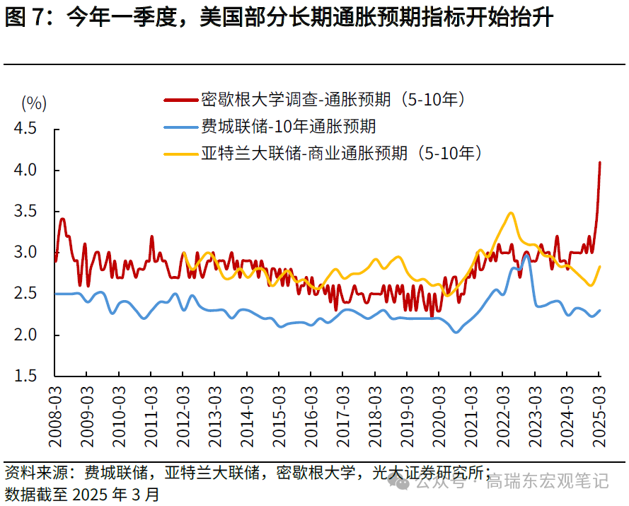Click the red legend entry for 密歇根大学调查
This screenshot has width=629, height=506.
coord(333,100)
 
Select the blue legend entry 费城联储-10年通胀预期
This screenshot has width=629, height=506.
coord(288,127)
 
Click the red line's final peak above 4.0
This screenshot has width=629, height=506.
coord(600,162)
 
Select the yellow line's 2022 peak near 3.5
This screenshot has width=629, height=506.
coord(510,212)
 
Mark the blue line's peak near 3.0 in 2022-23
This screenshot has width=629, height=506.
coord(526,255)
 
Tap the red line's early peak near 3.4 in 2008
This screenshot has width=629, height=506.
coord(62,219)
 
